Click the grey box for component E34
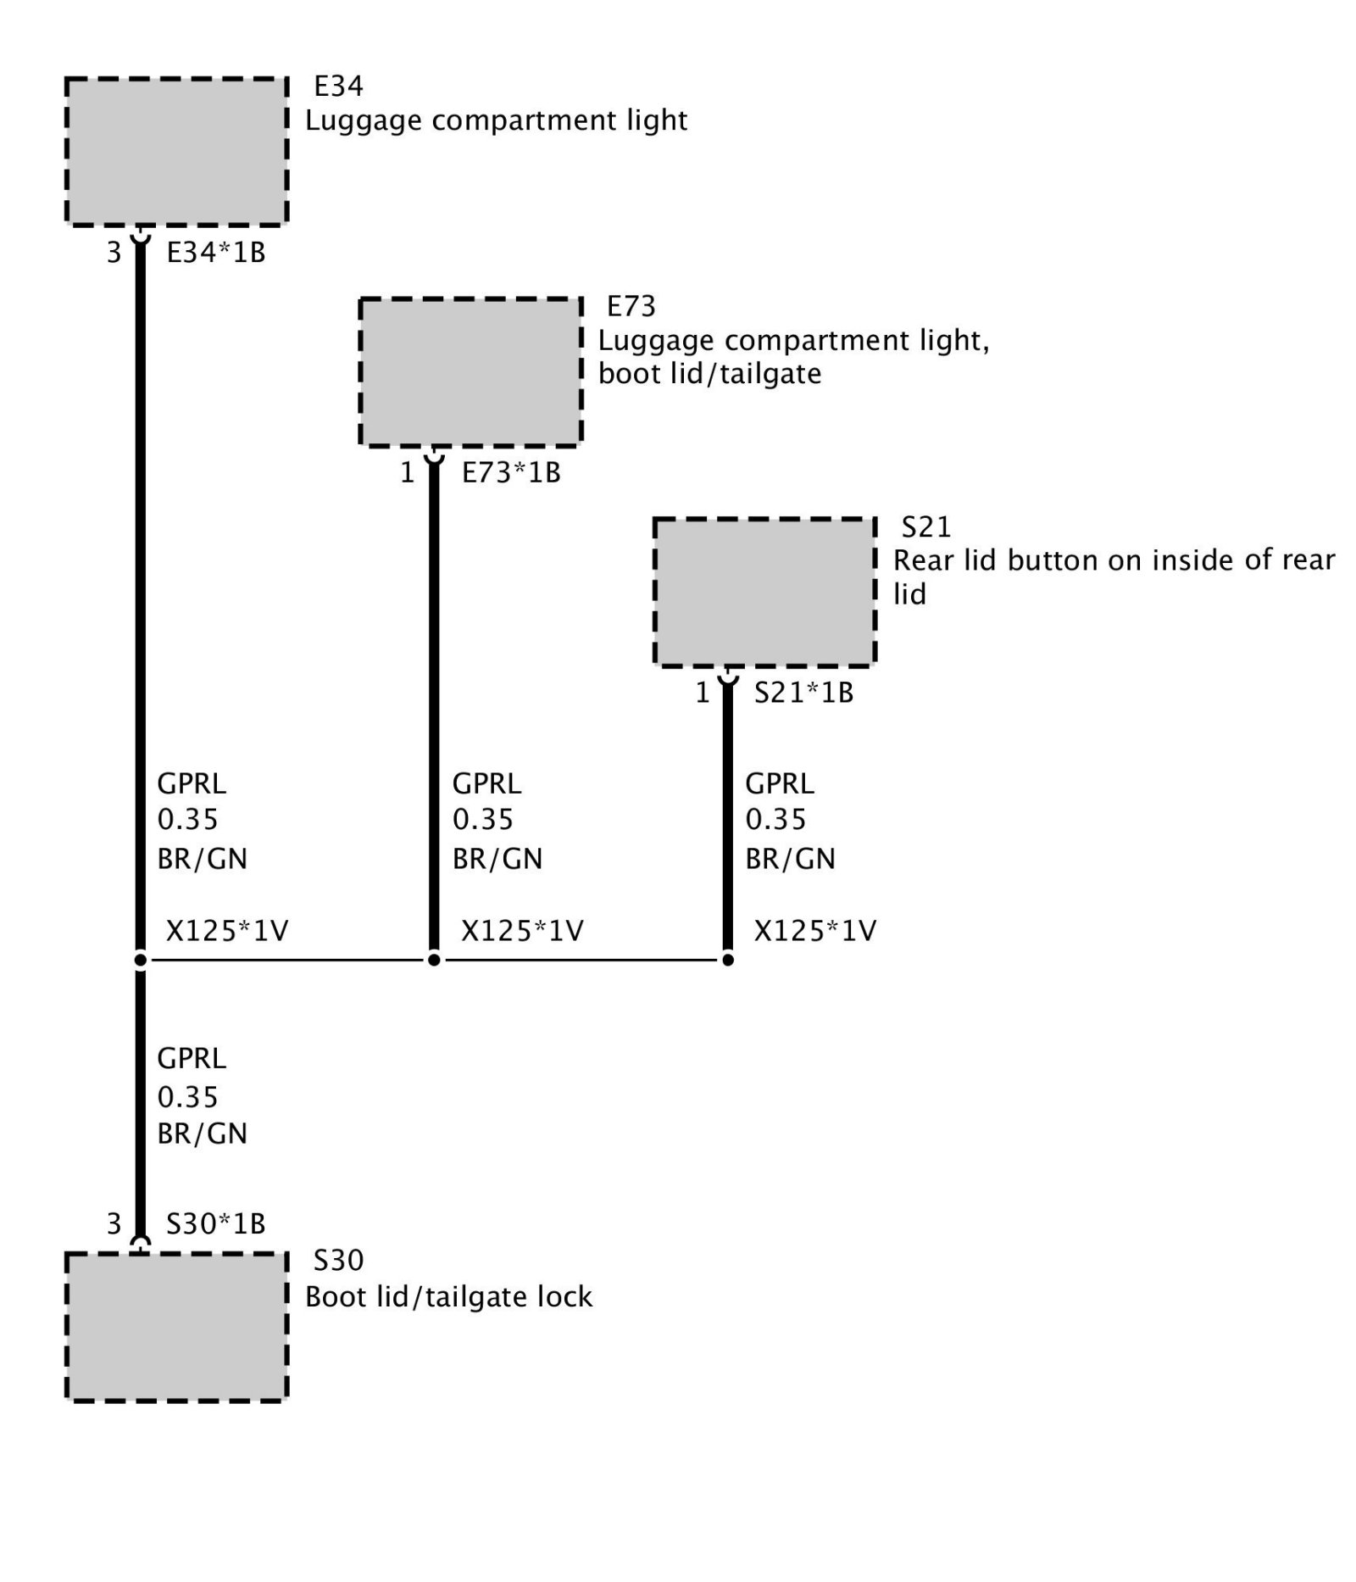tap(176, 152)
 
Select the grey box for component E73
tap(470, 371)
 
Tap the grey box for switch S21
tap(764, 592)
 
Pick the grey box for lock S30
tap(176, 1327)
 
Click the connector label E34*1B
tap(216, 253)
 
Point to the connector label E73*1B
tap(511, 473)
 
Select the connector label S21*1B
tap(803, 693)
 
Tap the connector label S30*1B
tap(216, 1223)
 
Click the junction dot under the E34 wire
tap(141, 960)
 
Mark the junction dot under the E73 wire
tap(434, 960)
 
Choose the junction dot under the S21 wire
tap(727, 960)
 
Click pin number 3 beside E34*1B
tap(114, 253)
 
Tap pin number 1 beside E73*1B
tap(408, 473)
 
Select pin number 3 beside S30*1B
tap(114, 1223)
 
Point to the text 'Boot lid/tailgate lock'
tap(448, 1297)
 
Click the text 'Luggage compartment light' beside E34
tap(496, 120)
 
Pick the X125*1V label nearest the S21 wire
tap(815, 931)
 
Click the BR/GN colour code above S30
tap(202, 1134)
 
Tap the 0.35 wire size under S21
tap(775, 820)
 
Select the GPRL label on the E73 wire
tap(486, 783)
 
